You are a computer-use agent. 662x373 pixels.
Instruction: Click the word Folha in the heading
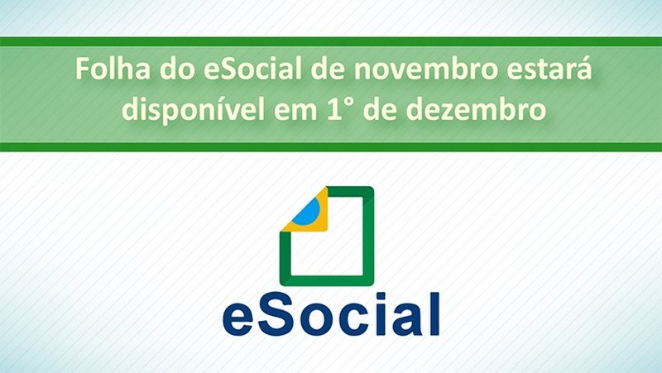click(x=113, y=69)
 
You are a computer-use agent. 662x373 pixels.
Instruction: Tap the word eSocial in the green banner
click(x=252, y=69)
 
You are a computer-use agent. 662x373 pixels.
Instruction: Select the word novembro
click(x=425, y=69)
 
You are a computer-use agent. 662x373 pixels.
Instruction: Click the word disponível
click(x=194, y=110)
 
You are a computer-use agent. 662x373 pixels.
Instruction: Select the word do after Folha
click(x=176, y=69)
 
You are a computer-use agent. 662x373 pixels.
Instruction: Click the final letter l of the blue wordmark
click(x=434, y=313)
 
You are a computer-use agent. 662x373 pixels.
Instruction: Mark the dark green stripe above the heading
click(x=331, y=41)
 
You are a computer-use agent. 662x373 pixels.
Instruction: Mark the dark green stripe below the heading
click(x=331, y=147)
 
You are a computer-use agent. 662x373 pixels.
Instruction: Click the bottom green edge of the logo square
click(x=327, y=280)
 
